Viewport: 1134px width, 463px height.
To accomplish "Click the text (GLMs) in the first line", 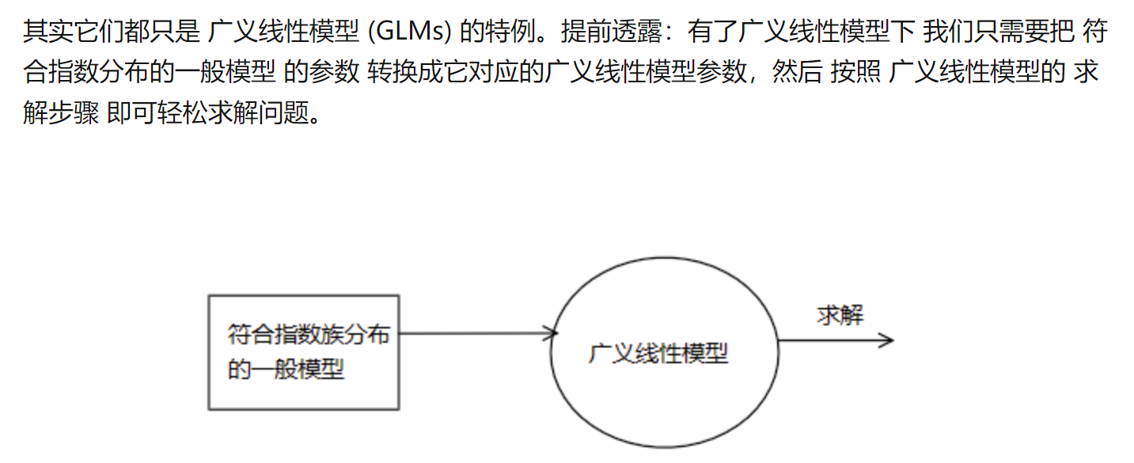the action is point(410,32).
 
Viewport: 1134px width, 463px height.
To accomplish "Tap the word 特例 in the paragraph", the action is point(510,32).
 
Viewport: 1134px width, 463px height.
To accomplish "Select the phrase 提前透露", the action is point(612,32).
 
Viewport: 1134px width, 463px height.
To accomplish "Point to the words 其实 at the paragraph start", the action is point(48,32).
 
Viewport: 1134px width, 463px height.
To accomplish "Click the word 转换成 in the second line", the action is point(405,71).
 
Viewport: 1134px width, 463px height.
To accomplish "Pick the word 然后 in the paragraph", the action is point(798,71).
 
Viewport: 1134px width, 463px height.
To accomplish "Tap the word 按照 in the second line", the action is point(855,71).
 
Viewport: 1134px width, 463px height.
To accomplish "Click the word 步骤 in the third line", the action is point(74,112).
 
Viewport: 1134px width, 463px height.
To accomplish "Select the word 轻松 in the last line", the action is point(183,112).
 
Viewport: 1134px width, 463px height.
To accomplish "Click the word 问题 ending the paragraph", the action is point(283,112).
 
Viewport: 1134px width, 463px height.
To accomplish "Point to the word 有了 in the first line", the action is point(713,32).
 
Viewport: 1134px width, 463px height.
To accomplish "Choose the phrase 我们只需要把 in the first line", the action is point(999,32).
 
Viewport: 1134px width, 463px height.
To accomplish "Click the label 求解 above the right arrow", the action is point(840,315).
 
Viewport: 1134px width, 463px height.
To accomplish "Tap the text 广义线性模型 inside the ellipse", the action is point(658,353).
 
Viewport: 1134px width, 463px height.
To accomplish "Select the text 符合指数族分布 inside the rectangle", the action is point(309,334).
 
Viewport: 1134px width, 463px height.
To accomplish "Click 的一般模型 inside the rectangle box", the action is point(286,369).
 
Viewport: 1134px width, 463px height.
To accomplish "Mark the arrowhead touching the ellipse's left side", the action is point(552,333).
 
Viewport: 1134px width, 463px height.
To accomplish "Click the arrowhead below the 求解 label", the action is point(887,340).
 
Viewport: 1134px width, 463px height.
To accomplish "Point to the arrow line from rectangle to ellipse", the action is point(479,333).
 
